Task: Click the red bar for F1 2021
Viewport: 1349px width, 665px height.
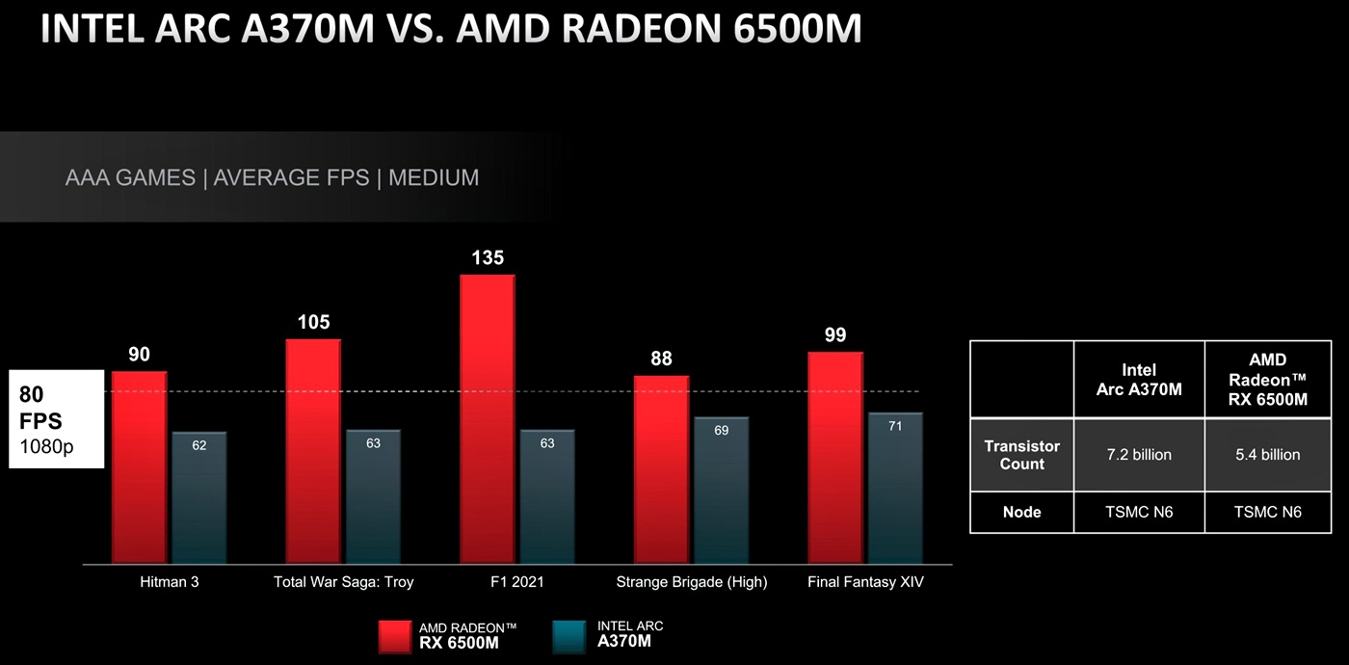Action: pos(487,419)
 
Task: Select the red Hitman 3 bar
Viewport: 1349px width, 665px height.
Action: pos(140,467)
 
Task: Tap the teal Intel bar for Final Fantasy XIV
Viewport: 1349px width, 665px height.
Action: pos(895,489)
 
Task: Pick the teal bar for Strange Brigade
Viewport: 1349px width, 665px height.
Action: pos(721,491)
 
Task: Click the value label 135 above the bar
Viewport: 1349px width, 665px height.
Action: pos(488,258)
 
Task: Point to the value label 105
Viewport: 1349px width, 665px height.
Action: pos(313,322)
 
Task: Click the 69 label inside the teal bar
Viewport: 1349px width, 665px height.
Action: pos(721,431)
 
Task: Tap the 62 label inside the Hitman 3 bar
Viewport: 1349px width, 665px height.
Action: pos(199,445)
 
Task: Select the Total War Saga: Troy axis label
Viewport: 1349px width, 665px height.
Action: pos(343,582)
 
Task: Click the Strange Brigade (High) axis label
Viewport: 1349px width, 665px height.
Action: pos(692,582)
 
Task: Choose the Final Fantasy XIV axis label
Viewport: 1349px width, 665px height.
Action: pos(866,582)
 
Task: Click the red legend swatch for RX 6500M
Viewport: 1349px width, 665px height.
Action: pos(394,637)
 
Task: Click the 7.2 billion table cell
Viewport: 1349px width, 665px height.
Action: pos(1139,455)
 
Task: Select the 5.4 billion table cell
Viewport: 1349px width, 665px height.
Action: pos(1267,455)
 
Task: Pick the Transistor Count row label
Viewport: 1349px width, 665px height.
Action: pos(1021,455)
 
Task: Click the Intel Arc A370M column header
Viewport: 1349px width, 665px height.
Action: pos(1139,379)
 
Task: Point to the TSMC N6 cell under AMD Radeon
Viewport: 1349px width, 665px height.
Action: pos(1267,512)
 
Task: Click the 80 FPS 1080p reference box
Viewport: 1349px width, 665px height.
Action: pos(56,419)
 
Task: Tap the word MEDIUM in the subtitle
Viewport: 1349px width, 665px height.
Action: pos(434,177)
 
